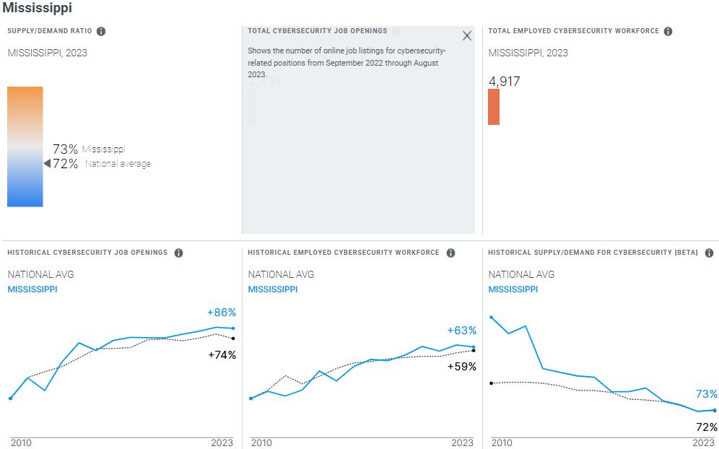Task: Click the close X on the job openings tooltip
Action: point(466,35)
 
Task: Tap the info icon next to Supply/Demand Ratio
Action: point(101,31)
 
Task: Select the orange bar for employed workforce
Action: point(494,107)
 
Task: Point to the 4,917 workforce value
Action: point(504,82)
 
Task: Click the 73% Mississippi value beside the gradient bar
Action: point(65,149)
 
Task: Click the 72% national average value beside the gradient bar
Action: point(65,164)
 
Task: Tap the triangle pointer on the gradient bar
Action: point(47,164)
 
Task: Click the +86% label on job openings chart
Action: point(222,313)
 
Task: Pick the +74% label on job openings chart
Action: point(222,354)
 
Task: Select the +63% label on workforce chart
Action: point(462,331)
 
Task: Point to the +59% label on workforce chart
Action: point(462,366)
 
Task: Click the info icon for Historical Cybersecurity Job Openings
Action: point(178,253)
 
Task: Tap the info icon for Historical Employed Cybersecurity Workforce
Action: point(450,253)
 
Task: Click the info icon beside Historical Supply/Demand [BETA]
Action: point(709,253)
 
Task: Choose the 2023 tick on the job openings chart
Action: point(222,443)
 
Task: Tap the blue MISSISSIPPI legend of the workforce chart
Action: point(272,289)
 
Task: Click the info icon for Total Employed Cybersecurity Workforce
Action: point(668,31)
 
